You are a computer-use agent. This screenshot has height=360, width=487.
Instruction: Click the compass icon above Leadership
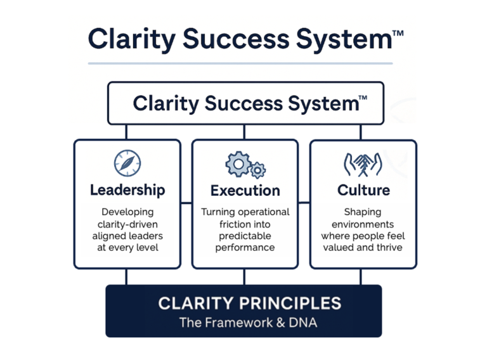(127, 163)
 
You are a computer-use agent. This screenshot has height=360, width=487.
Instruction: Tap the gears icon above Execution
(245, 165)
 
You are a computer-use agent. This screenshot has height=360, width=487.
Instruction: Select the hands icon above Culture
(363, 164)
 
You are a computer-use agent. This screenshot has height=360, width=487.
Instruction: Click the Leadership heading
(127, 190)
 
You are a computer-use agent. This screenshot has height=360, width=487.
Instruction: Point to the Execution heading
(245, 190)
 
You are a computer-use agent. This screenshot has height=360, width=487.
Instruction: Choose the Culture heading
(363, 190)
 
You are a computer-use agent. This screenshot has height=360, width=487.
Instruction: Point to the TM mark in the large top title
(397, 31)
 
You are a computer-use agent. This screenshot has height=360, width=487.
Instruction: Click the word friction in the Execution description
(219, 224)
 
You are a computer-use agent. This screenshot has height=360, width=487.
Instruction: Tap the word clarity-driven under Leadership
(127, 224)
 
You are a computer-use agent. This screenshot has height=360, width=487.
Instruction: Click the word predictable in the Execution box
(245, 235)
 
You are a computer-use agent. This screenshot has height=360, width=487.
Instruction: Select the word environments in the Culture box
(363, 224)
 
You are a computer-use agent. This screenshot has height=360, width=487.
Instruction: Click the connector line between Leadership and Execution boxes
(186, 203)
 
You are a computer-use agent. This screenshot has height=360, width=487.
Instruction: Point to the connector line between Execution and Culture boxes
(304, 203)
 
